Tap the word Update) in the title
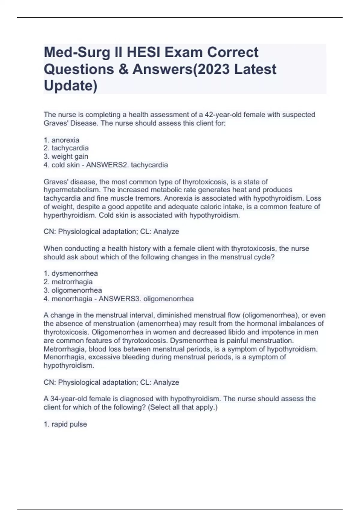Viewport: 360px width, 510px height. click(x=70, y=85)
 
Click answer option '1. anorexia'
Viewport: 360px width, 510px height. click(x=61, y=140)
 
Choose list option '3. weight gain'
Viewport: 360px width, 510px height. click(x=66, y=156)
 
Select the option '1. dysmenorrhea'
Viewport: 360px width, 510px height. click(x=71, y=273)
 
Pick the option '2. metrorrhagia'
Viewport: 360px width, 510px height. click(x=68, y=282)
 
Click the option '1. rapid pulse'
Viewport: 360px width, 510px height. click(x=65, y=424)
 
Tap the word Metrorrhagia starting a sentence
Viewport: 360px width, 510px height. click(x=64, y=349)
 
